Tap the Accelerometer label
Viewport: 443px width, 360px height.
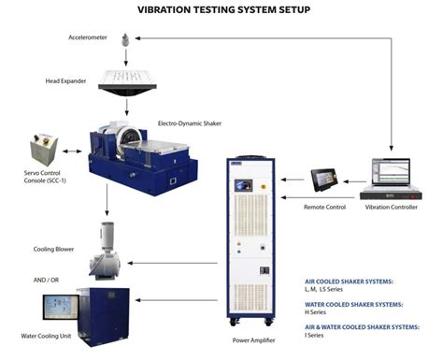click(x=88, y=38)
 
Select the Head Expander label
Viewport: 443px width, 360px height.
click(x=66, y=80)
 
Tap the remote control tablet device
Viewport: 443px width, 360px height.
click(x=327, y=178)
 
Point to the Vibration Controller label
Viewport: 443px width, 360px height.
click(x=391, y=207)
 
